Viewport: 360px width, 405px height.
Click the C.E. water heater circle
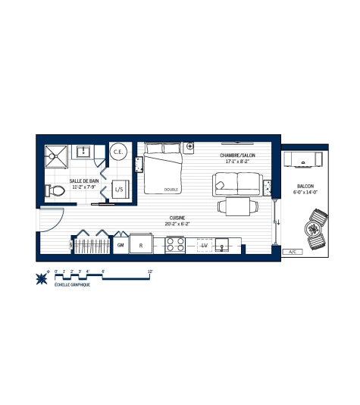(118, 152)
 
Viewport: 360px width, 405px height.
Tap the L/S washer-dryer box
(119, 190)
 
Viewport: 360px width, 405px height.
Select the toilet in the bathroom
(55, 192)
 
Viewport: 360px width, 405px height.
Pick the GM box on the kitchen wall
(121, 245)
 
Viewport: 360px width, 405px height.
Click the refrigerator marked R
(140, 245)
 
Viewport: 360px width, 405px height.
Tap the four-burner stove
(175, 245)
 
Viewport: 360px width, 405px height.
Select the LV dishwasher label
(204, 245)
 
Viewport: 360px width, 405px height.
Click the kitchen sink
(224, 245)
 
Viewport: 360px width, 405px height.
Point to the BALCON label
(305, 187)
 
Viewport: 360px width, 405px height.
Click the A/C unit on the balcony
(292, 251)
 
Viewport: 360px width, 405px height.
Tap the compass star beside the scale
(41, 278)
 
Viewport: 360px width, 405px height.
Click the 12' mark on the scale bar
(150, 271)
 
